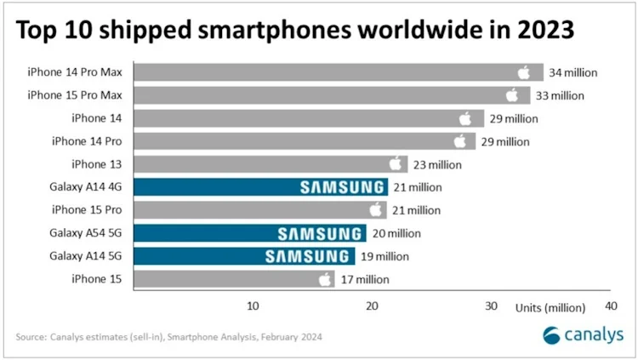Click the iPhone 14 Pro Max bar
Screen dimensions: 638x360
(339, 72)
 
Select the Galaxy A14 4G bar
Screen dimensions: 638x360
(261, 187)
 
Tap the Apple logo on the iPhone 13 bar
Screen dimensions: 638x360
(396, 163)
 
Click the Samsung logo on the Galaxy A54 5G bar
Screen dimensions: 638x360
(319, 234)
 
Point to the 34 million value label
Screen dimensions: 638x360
(572, 72)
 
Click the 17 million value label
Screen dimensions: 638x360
(365, 279)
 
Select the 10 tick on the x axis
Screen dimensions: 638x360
(253, 306)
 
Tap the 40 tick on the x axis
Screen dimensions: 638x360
(611, 306)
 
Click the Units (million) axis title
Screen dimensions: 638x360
(550, 308)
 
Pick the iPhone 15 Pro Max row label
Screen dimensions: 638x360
(75, 95)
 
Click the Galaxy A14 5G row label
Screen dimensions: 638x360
(85, 256)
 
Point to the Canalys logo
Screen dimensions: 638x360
(583, 334)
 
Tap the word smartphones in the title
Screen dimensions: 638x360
(275, 31)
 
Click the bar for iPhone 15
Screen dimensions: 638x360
(234, 279)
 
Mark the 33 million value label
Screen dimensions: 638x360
(560, 95)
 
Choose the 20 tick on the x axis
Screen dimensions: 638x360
(372, 306)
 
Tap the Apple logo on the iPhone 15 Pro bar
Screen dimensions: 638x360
(376, 209)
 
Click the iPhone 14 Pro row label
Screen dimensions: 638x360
(87, 141)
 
